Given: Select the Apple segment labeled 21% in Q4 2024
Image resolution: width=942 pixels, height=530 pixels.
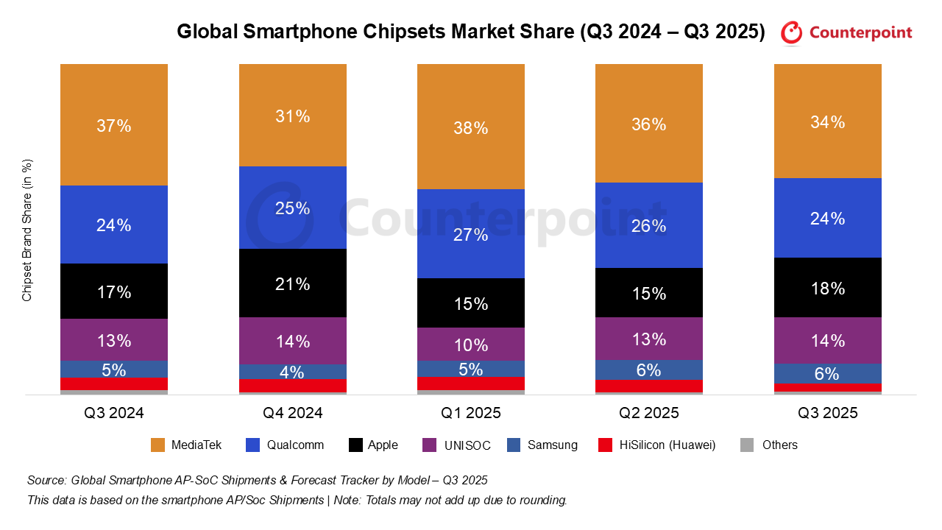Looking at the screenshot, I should click(x=292, y=283).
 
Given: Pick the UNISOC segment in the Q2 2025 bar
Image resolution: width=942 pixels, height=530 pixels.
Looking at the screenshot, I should click(x=649, y=339).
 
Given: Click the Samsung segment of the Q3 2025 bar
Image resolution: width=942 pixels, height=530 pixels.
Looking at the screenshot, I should click(x=828, y=373).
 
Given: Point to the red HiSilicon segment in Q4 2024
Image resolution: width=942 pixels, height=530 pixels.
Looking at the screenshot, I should click(x=292, y=386).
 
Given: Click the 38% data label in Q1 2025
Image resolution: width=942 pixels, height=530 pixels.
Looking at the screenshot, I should click(x=471, y=128).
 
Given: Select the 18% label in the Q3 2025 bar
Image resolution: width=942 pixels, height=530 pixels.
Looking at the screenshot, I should click(x=828, y=289).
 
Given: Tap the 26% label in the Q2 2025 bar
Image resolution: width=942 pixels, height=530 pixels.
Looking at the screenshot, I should click(x=649, y=226).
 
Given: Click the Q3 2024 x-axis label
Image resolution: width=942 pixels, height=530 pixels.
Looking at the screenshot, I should click(x=114, y=413).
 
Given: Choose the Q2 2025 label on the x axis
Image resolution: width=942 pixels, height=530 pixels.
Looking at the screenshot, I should click(x=649, y=413).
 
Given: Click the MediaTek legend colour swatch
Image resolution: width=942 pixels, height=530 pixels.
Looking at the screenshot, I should click(x=157, y=445).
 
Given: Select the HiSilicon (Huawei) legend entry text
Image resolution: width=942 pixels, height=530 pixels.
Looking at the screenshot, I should click(x=666, y=445).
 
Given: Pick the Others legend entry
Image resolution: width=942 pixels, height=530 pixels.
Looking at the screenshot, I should click(x=779, y=445).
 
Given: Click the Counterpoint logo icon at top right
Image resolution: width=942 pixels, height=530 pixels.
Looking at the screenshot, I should click(x=791, y=32).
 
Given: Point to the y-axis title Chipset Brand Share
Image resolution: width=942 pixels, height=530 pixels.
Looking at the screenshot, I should click(x=27, y=230).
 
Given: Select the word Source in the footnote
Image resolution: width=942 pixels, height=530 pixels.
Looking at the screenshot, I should click(x=46, y=481).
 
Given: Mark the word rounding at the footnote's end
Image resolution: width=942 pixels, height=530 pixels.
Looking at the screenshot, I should click(x=543, y=500).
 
